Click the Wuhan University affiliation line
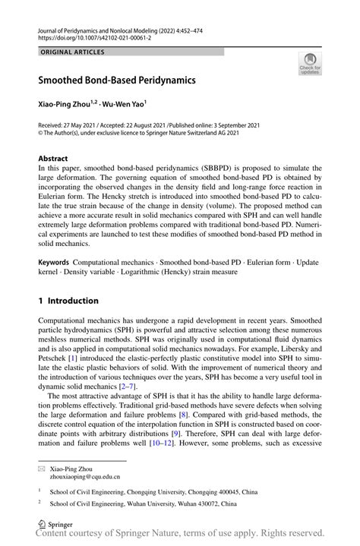click(144, 503)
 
